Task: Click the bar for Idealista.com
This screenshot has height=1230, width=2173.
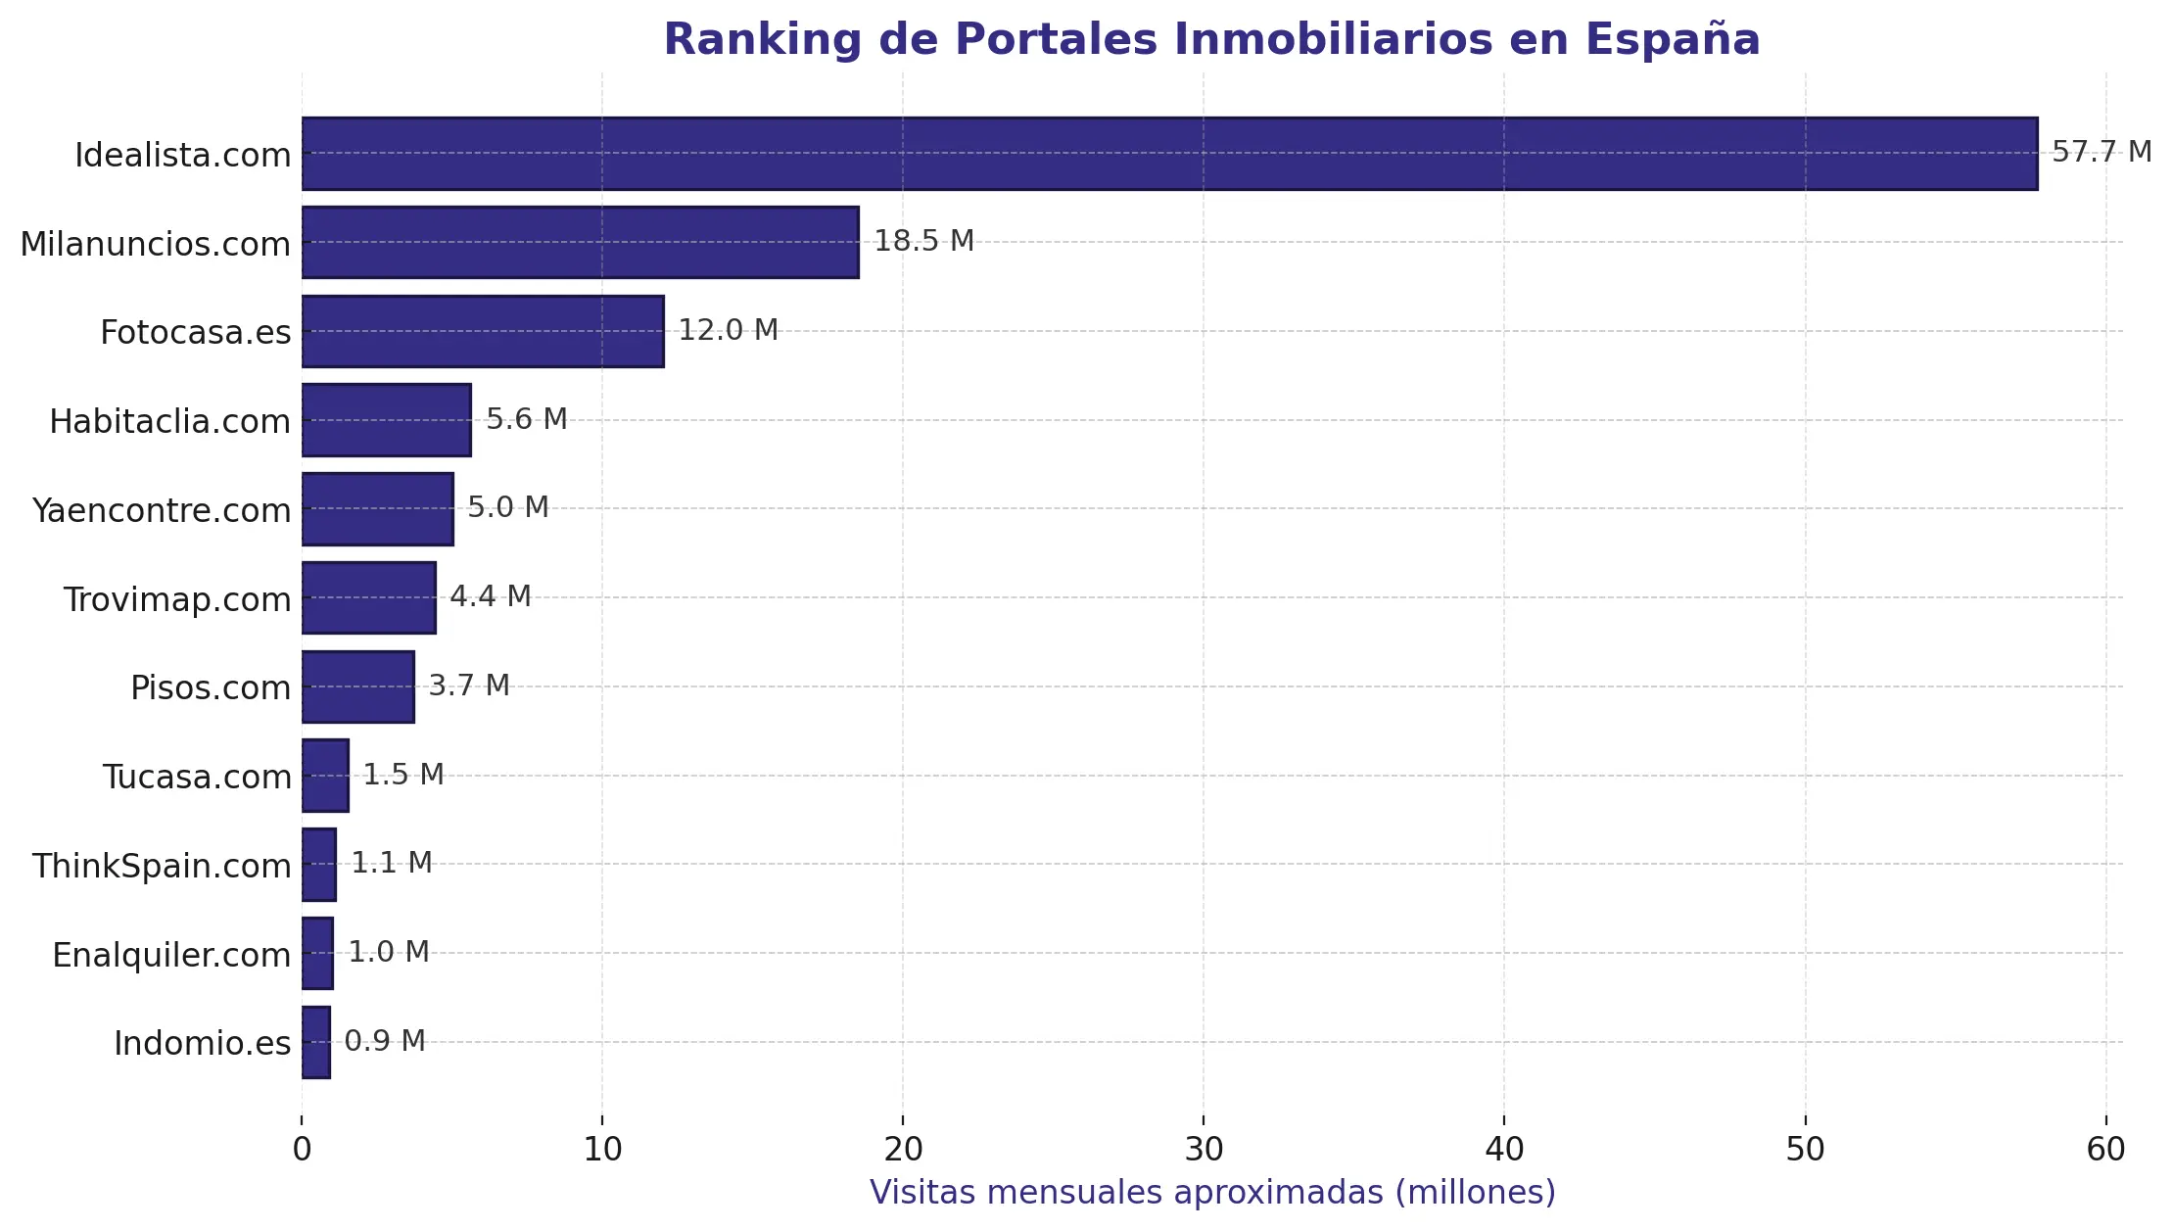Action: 1169,154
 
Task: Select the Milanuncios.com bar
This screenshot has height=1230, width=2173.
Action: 580,242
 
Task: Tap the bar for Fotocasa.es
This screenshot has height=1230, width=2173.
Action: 483,331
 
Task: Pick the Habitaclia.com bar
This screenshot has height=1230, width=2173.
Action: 386,420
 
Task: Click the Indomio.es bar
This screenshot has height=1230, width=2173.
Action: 316,1042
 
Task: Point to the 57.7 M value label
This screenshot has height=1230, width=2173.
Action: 2101,152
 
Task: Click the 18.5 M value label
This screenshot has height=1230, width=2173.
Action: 923,241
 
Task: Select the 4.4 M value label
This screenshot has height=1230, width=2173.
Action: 490,596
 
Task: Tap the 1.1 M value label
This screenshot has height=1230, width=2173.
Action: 392,863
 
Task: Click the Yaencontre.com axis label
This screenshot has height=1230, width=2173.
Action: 162,510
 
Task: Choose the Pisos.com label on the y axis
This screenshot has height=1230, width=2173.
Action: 211,687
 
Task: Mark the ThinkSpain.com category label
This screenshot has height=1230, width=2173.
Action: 162,866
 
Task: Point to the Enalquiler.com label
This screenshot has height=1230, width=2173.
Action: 171,955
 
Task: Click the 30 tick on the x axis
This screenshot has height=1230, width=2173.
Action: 1204,1150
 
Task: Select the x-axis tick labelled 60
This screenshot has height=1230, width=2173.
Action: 2105,1150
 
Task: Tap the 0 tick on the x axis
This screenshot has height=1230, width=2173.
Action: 302,1150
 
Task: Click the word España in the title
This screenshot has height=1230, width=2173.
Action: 1672,40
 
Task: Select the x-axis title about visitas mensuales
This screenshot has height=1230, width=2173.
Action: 1212,1193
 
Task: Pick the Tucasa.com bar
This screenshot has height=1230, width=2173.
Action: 325,776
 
